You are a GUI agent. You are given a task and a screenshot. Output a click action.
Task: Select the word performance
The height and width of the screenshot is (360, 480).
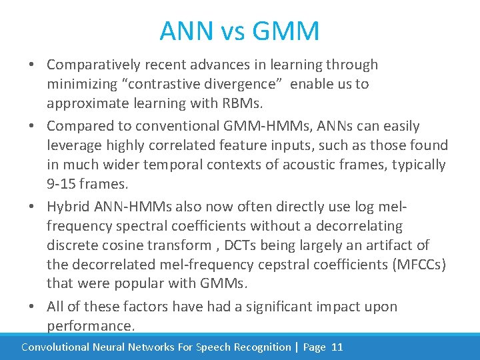click(91, 326)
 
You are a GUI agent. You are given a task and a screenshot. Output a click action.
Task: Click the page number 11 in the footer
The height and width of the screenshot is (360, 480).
click(337, 347)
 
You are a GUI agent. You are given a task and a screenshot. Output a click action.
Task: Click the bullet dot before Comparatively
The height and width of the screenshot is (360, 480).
click(32, 65)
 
